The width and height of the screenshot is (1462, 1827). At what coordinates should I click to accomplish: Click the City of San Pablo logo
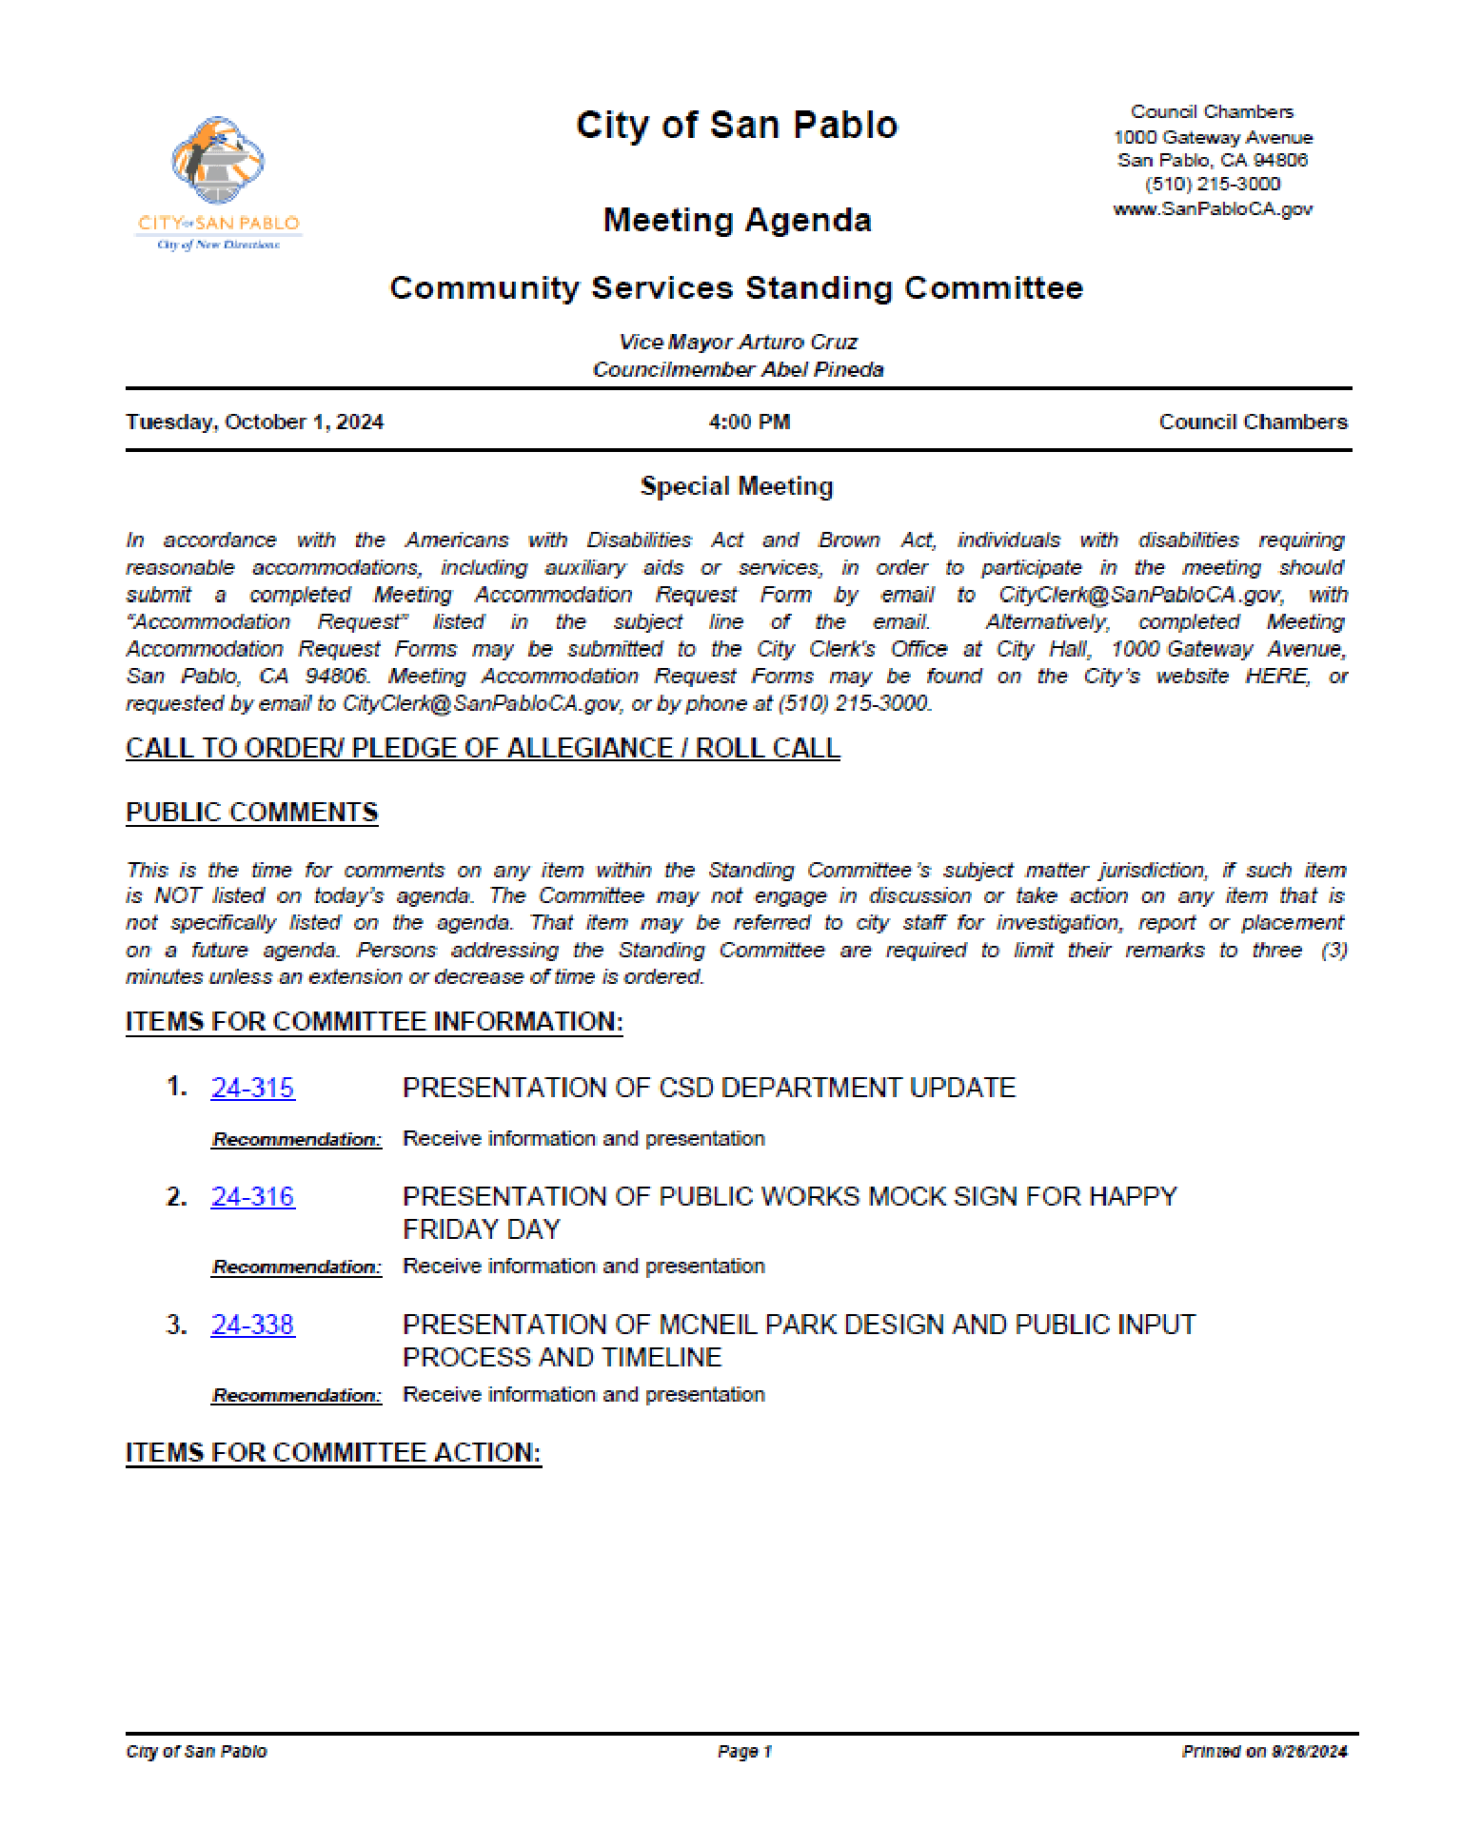219,181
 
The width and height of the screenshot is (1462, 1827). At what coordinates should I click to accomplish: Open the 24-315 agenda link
252,1088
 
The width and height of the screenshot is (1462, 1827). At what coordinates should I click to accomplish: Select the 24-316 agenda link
252,1196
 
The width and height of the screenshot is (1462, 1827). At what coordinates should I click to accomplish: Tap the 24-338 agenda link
252,1325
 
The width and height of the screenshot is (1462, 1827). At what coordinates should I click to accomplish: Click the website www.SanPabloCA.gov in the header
1213,208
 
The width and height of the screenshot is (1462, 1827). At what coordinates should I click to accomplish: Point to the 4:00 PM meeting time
749,422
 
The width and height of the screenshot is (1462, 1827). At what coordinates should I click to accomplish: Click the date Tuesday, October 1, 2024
254,422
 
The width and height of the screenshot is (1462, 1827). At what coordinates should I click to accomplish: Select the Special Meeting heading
737,486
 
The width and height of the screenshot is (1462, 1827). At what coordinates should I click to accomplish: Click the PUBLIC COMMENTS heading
252,813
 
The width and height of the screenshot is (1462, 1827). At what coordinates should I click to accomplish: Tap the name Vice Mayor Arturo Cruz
738,342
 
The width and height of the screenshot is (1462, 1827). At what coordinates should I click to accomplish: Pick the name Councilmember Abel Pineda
738,369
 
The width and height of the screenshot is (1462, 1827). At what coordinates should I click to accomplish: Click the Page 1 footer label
744,1751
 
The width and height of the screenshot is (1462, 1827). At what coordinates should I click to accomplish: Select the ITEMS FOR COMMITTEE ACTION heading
333,1453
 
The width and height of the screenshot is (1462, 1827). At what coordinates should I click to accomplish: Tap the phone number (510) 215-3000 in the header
1213,184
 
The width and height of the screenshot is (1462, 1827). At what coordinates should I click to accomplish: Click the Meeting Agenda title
737,221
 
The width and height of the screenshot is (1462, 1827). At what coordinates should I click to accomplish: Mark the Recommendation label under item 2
296,1267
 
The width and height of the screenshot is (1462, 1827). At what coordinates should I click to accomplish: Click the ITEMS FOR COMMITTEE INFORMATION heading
374,1022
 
